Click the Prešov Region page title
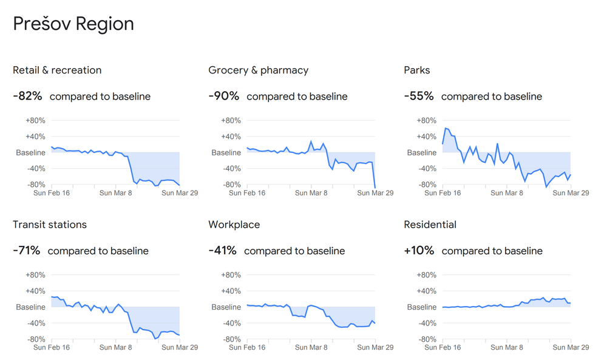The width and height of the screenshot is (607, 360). pyautogui.click(x=73, y=24)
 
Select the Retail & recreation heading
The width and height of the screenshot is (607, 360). pyautogui.click(x=57, y=70)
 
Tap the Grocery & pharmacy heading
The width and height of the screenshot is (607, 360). pyautogui.click(x=258, y=70)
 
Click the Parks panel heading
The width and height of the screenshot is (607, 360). pyautogui.click(x=416, y=70)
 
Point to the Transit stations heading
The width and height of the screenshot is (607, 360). pyautogui.click(x=50, y=225)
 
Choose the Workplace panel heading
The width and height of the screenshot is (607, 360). pyautogui.click(x=234, y=225)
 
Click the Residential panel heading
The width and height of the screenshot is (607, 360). pyautogui.click(x=430, y=225)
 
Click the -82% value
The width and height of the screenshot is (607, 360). pyautogui.click(x=27, y=96)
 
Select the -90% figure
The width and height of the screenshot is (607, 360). pyautogui.click(x=223, y=96)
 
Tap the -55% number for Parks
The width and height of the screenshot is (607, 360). pyautogui.click(x=419, y=96)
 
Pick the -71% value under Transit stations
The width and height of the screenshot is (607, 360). pyautogui.click(x=27, y=250)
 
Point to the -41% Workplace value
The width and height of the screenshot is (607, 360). pyautogui.click(x=222, y=250)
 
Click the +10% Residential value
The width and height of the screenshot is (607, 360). pyautogui.click(x=419, y=250)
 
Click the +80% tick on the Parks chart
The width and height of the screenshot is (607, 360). pyautogui.click(x=426, y=121)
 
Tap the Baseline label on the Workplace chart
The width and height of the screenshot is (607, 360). pyautogui.click(x=226, y=307)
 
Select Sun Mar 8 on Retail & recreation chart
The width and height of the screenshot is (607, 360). pyautogui.click(x=115, y=193)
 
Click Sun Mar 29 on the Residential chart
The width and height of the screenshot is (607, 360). pyautogui.click(x=571, y=348)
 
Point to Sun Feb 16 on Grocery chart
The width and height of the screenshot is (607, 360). pyautogui.click(x=247, y=193)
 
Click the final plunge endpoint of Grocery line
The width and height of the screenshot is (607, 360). pyautogui.click(x=375, y=188)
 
